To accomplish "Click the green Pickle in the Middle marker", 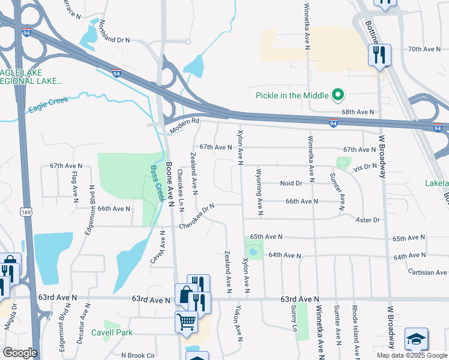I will point(338,95).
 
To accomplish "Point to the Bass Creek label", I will point(157,184).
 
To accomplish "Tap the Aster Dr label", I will point(369,220).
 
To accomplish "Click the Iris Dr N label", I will point(365,167).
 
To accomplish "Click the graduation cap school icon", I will point(416,340).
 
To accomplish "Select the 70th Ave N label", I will point(424,49).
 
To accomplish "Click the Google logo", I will point(20,353).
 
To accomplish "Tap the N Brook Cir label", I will point(138,355).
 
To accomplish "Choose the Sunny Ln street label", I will point(294,319).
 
